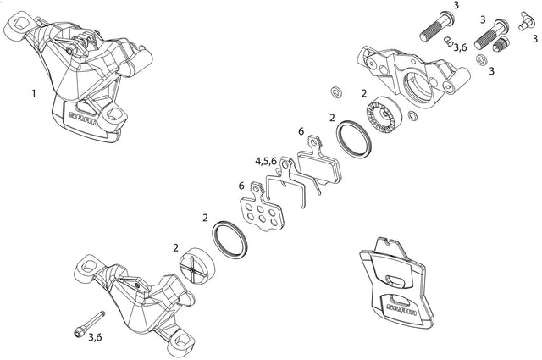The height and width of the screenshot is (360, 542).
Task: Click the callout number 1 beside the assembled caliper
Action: coord(34,93)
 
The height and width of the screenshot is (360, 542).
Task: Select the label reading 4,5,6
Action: coord(266,161)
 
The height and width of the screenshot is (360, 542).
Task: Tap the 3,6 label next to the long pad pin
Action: coord(95,337)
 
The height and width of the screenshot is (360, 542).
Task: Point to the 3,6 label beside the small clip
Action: coord(460,47)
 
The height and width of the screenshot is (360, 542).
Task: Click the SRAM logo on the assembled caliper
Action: coord(83,118)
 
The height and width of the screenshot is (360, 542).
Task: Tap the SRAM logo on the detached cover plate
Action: coord(401,309)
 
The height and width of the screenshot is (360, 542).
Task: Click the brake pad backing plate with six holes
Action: coord(261,208)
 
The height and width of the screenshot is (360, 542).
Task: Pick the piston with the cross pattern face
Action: coord(196,266)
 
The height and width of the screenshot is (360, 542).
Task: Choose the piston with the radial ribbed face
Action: coord(384,114)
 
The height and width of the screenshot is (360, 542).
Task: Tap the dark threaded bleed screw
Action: coord(501,43)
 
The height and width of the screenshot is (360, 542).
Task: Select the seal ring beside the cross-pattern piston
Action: coord(230,240)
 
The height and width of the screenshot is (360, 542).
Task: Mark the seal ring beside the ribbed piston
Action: coord(354,139)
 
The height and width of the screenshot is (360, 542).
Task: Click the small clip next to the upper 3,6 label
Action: coord(448,41)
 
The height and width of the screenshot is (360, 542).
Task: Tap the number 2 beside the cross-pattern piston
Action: coord(176,247)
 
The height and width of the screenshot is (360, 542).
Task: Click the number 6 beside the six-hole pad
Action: coord(241,186)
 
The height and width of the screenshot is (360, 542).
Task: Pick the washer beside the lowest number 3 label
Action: coord(480,60)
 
